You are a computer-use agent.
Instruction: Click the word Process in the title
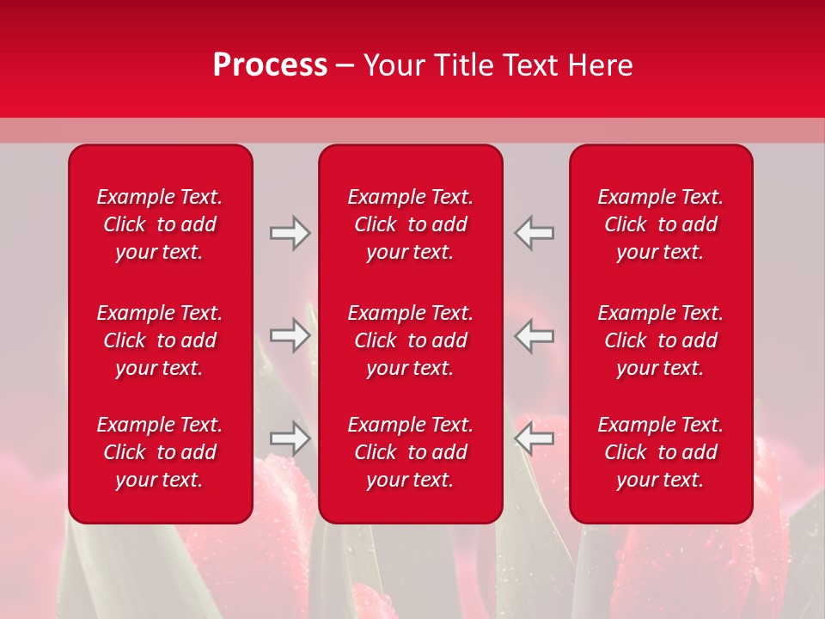pyautogui.click(x=270, y=65)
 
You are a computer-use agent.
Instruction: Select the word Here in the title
pyautogui.click(x=600, y=65)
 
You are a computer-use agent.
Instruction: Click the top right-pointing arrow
pyautogui.click(x=290, y=233)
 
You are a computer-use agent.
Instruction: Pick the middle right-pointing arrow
pyautogui.click(x=290, y=335)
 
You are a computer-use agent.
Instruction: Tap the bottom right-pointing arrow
pyautogui.click(x=290, y=438)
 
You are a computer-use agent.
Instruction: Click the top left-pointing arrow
pyautogui.click(x=535, y=233)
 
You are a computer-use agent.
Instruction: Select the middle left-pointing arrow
pyautogui.click(x=535, y=335)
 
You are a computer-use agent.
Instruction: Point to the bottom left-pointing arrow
pyautogui.click(x=535, y=438)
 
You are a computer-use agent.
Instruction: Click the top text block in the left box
pyautogui.click(x=160, y=224)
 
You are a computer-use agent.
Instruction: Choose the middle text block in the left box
pyautogui.click(x=160, y=340)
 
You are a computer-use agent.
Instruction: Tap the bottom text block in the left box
pyautogui.click(x=160, y=452)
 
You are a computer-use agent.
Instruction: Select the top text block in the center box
pyautogui.click(x=411, y=224)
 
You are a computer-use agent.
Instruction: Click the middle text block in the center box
pyautogui.click(x=411, y=340)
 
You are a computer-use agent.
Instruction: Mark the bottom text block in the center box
pyautogui.click(x=411, y=452)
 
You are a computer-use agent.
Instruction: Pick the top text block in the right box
pyautogui.click(x=661, y=224)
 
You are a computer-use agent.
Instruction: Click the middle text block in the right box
pyautogui.click(x=661, y=340)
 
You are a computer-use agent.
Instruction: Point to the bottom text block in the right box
pyautogui.click(x=661, y=452)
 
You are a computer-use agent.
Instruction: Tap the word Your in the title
pyautogui.click(x=391, y=65)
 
